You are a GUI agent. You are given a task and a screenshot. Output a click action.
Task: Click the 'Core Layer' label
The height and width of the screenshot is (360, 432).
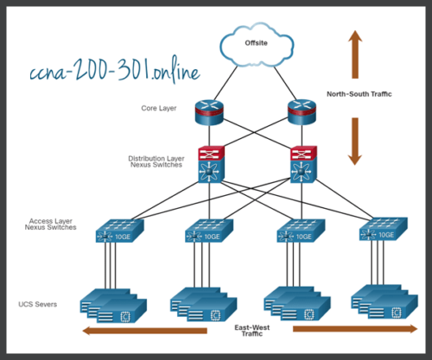[x=160, y=109]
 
